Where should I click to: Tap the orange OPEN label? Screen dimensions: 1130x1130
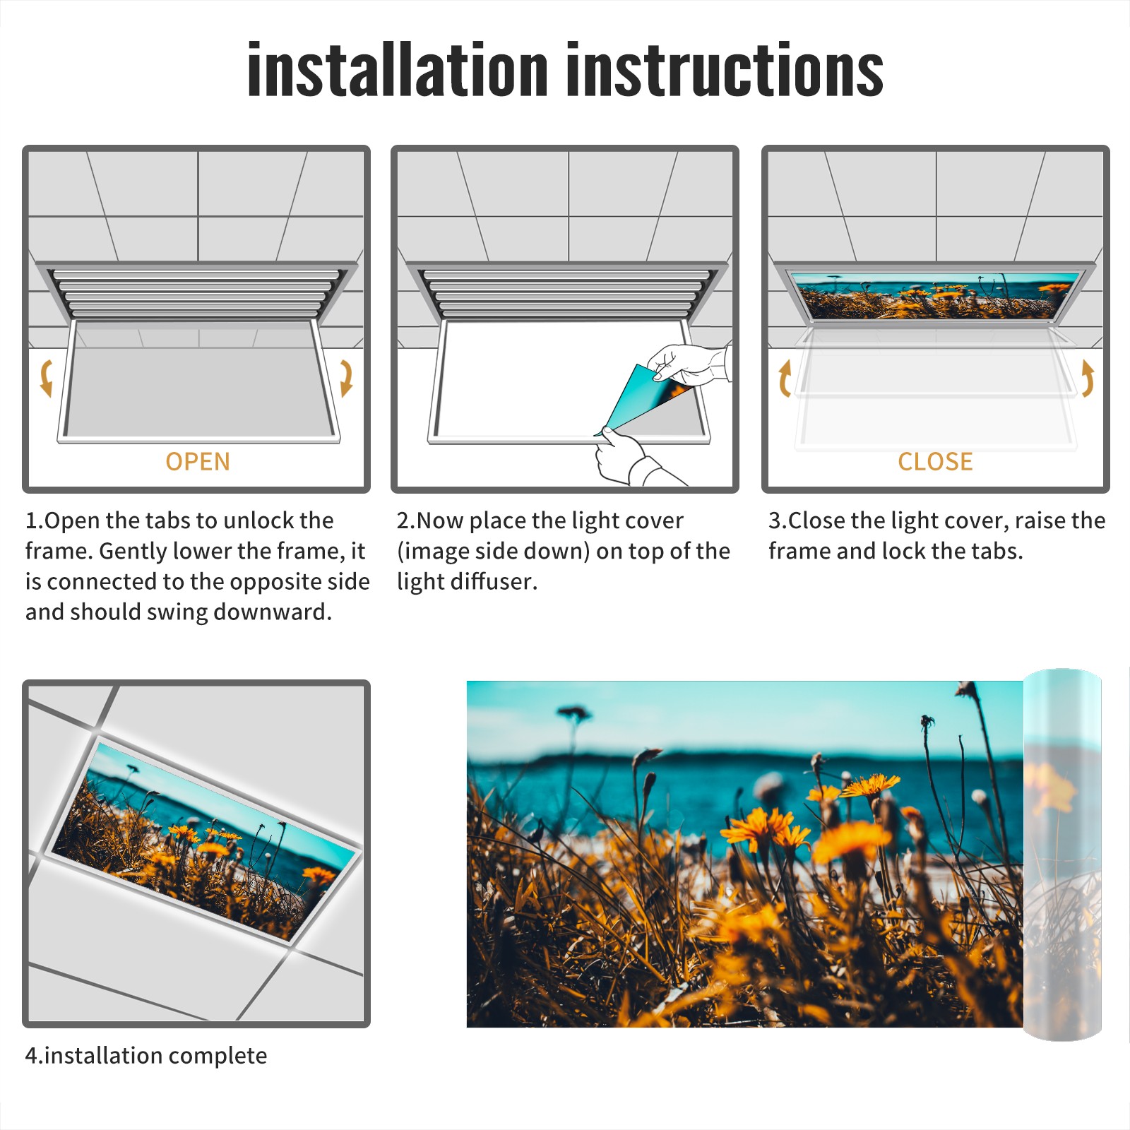[198, 461]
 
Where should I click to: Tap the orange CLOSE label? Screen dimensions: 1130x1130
[935, 461]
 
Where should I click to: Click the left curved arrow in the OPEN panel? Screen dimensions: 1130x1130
[46, 378]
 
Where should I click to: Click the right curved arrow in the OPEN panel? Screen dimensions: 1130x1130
[346, 378]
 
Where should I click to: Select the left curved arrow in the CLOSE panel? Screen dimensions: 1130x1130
[784, 378]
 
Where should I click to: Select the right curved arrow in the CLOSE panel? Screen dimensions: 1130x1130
[1088, 378]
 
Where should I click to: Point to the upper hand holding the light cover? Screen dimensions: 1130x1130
[689, 364]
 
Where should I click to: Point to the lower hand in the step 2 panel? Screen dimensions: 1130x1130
[629, 459]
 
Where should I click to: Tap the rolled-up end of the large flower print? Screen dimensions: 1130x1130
[1062, 855]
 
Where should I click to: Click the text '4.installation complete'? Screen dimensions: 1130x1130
[146, 1055]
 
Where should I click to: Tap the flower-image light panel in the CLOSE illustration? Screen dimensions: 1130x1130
[935, 295]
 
